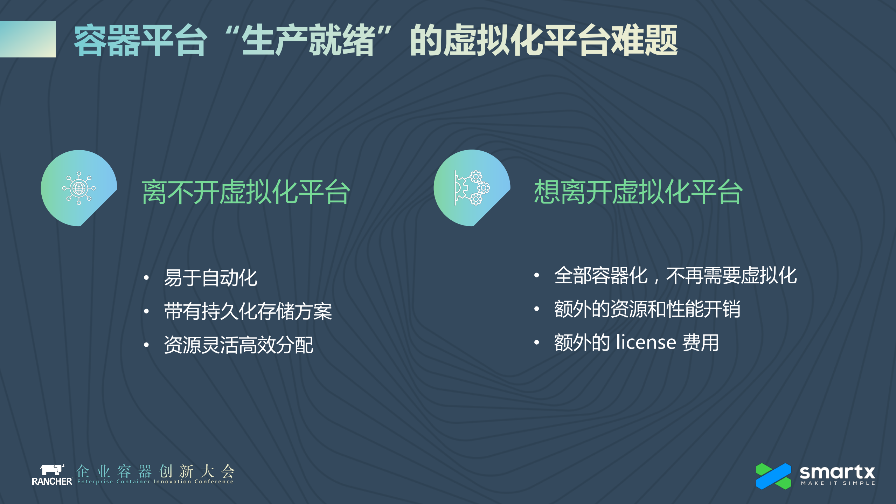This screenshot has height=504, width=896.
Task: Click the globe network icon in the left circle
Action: (79, 188)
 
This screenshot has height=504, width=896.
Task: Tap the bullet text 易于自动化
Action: (211, 278)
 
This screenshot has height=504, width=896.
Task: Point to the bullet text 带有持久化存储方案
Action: (248, 311)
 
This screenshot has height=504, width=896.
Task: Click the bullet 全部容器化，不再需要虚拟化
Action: (675, 276)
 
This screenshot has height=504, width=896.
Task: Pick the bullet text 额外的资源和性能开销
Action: (647, 309)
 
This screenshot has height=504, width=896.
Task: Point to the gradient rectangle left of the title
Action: (28, 39)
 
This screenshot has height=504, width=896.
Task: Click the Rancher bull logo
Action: (52, 470)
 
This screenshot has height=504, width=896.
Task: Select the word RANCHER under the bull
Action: (52, 482)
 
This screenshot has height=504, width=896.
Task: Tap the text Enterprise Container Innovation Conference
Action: (155, 482)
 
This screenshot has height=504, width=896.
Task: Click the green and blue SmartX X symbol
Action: (773, 476)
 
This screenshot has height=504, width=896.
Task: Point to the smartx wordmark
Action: (837, 472)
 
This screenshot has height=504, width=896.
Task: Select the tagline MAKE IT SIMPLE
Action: (838, 483)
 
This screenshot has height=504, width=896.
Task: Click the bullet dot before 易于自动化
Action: (146, 278)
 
